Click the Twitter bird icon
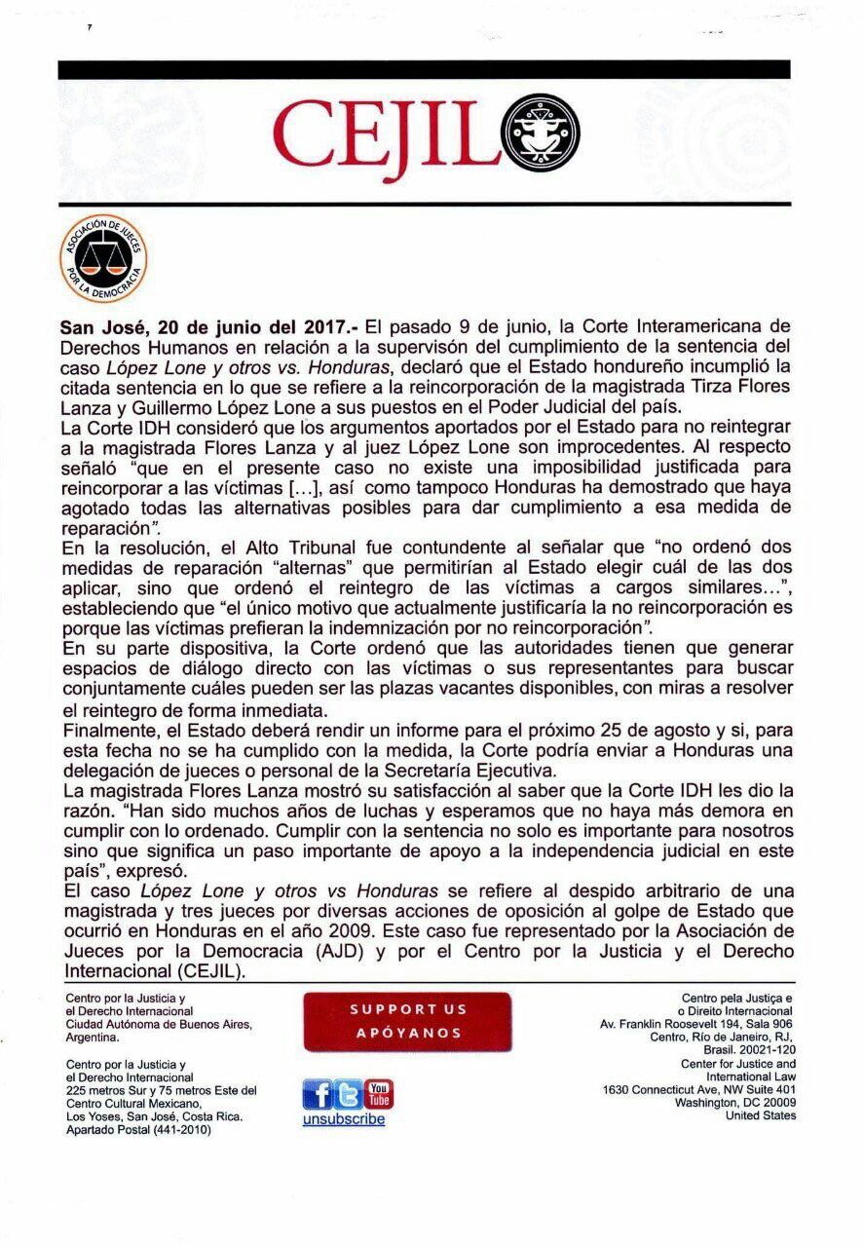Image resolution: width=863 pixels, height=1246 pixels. (348, 1095)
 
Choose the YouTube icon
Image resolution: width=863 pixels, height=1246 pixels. (378, 1094)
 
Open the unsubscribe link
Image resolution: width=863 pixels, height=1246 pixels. (344, 1119)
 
